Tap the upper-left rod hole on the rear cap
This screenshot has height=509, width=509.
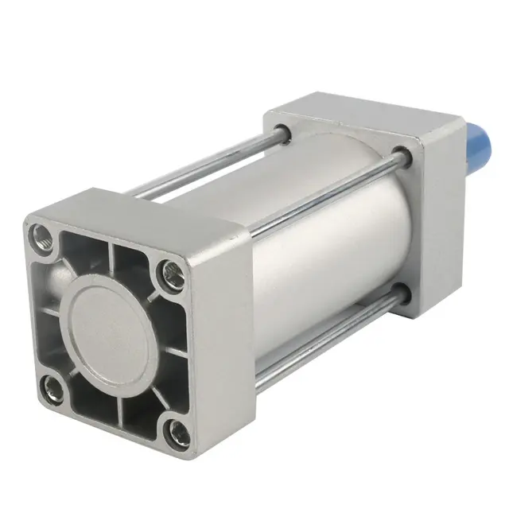click(x=280, y=126)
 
